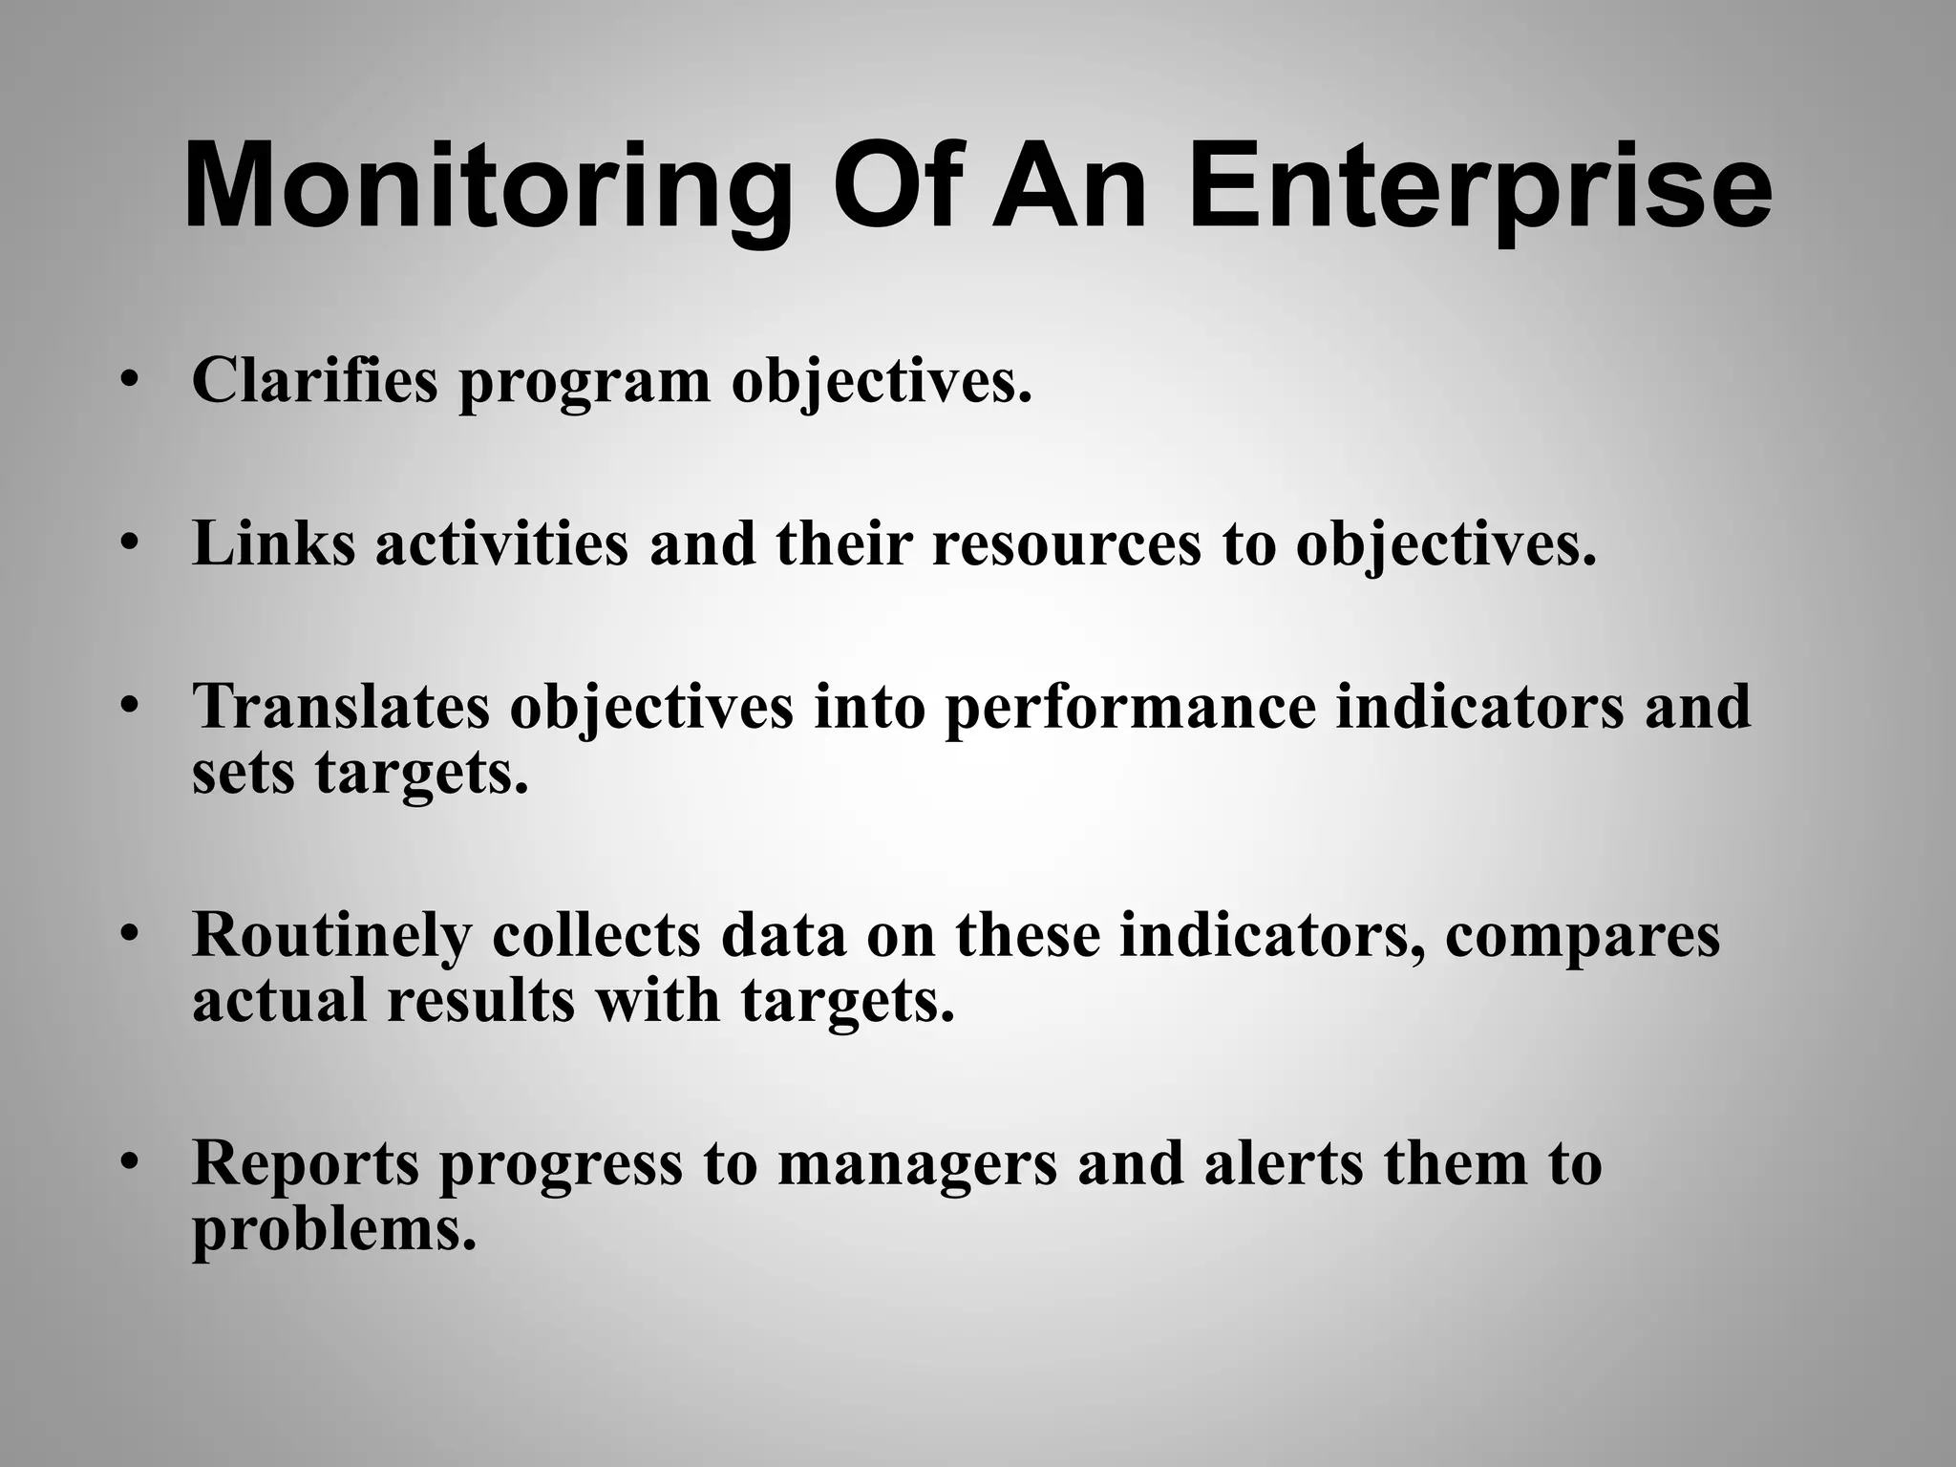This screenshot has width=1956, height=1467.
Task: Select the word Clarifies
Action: click(x=314, y=380)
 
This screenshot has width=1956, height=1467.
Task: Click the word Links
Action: click(x=273, y=543)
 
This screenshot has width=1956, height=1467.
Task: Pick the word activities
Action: click(x=501, y=543)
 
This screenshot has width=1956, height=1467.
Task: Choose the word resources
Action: click(x=1066, y=545)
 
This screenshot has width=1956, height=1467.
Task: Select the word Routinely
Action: click(x=331, y=935)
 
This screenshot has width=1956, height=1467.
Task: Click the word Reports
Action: click(x=306, y=1164)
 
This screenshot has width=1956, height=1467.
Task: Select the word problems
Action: click(x=333, y=1231)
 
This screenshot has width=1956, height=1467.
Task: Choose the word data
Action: click(x=783, y=935)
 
